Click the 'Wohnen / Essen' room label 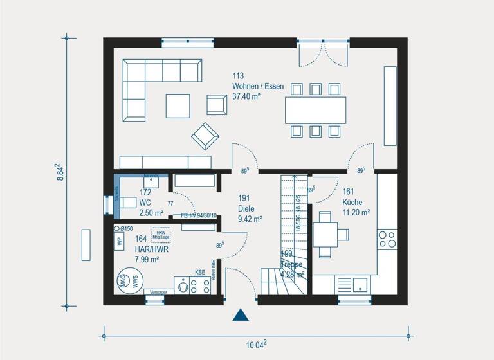click(x=258, y=87)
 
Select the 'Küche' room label click(x=352, y=202)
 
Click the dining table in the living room click(x=315, y=110)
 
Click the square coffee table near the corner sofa click(x=178, y=105)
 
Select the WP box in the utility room click(x=119, y=242)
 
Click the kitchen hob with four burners click(x=387, y=239)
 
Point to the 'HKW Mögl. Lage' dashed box click(x=161, y=235)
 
